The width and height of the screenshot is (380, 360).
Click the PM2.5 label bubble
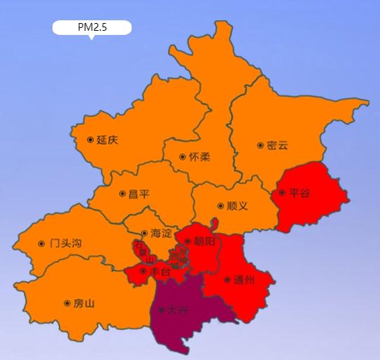point(92,28)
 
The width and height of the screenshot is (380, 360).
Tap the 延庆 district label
point(107,140)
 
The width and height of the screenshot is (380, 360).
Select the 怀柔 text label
point(199,157)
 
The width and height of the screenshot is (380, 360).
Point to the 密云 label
point(277,145)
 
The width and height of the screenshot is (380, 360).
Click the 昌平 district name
point(139,194)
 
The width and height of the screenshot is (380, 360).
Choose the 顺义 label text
point(238,206)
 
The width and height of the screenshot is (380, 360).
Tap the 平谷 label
point(299,192)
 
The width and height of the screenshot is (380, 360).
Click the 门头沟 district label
point(66,243)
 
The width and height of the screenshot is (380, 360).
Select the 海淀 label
point(161,233)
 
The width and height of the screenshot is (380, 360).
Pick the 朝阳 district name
point(205,241)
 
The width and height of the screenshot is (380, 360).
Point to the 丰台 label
point(160,271)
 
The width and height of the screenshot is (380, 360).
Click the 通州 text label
point(244,280)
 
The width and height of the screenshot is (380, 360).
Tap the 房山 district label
point(83,303)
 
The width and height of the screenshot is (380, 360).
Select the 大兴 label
point(178,310)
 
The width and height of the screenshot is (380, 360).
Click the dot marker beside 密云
point(260,145)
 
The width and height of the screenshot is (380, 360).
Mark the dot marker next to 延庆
point(90,140)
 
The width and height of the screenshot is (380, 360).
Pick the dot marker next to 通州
point(227,280)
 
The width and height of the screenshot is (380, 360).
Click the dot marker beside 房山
point(67,303)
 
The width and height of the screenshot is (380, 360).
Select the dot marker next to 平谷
point(282,192)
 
